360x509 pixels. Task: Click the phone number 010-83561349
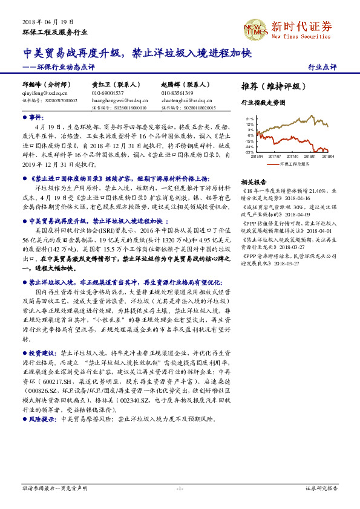[x=177, y=93]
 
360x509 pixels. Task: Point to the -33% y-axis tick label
[x=249, y=152]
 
